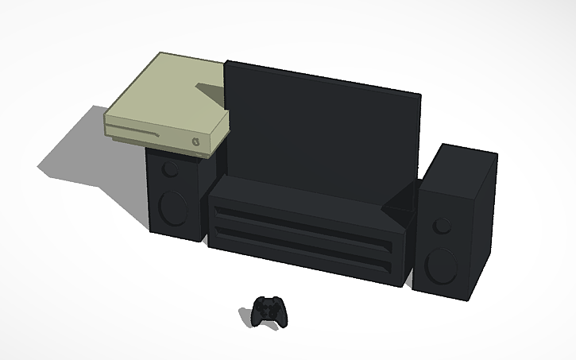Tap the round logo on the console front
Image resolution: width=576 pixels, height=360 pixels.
point(196,141)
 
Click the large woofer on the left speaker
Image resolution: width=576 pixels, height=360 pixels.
point(171,206)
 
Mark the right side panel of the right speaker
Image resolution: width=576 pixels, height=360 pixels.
point(484,230)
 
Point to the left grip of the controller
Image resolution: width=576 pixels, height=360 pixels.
point(259,316)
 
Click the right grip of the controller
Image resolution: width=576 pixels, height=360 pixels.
point(282,316)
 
